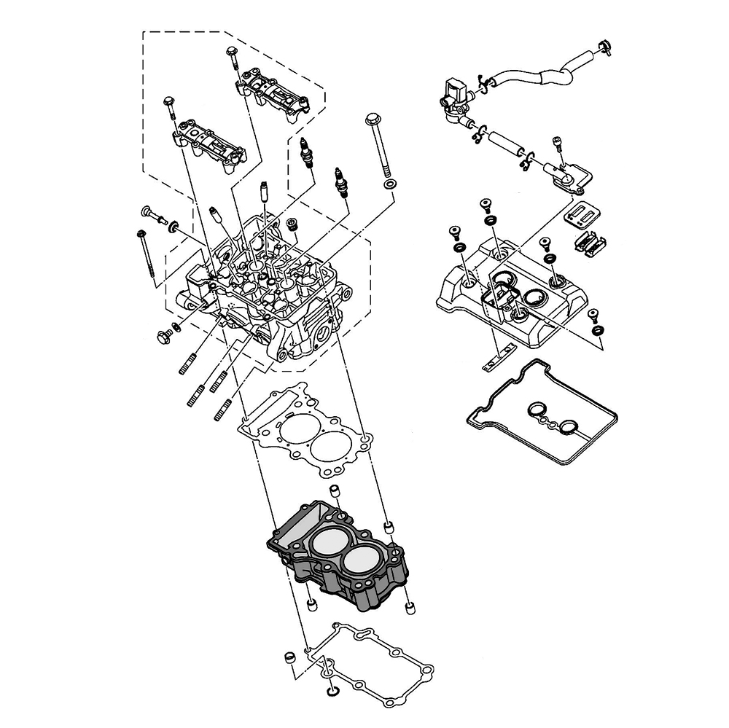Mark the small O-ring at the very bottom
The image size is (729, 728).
[334, 689]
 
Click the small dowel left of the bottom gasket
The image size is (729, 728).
[289, 659]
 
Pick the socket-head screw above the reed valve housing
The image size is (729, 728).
[559, 145]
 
